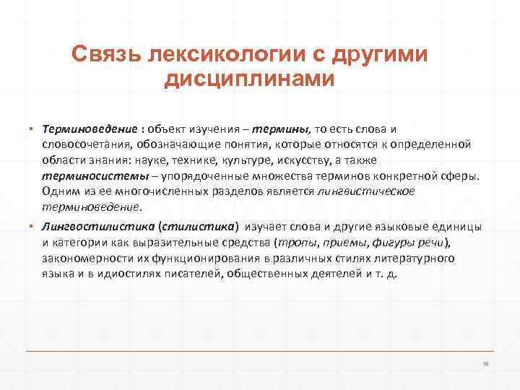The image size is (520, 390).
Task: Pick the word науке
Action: pos(171,160)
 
